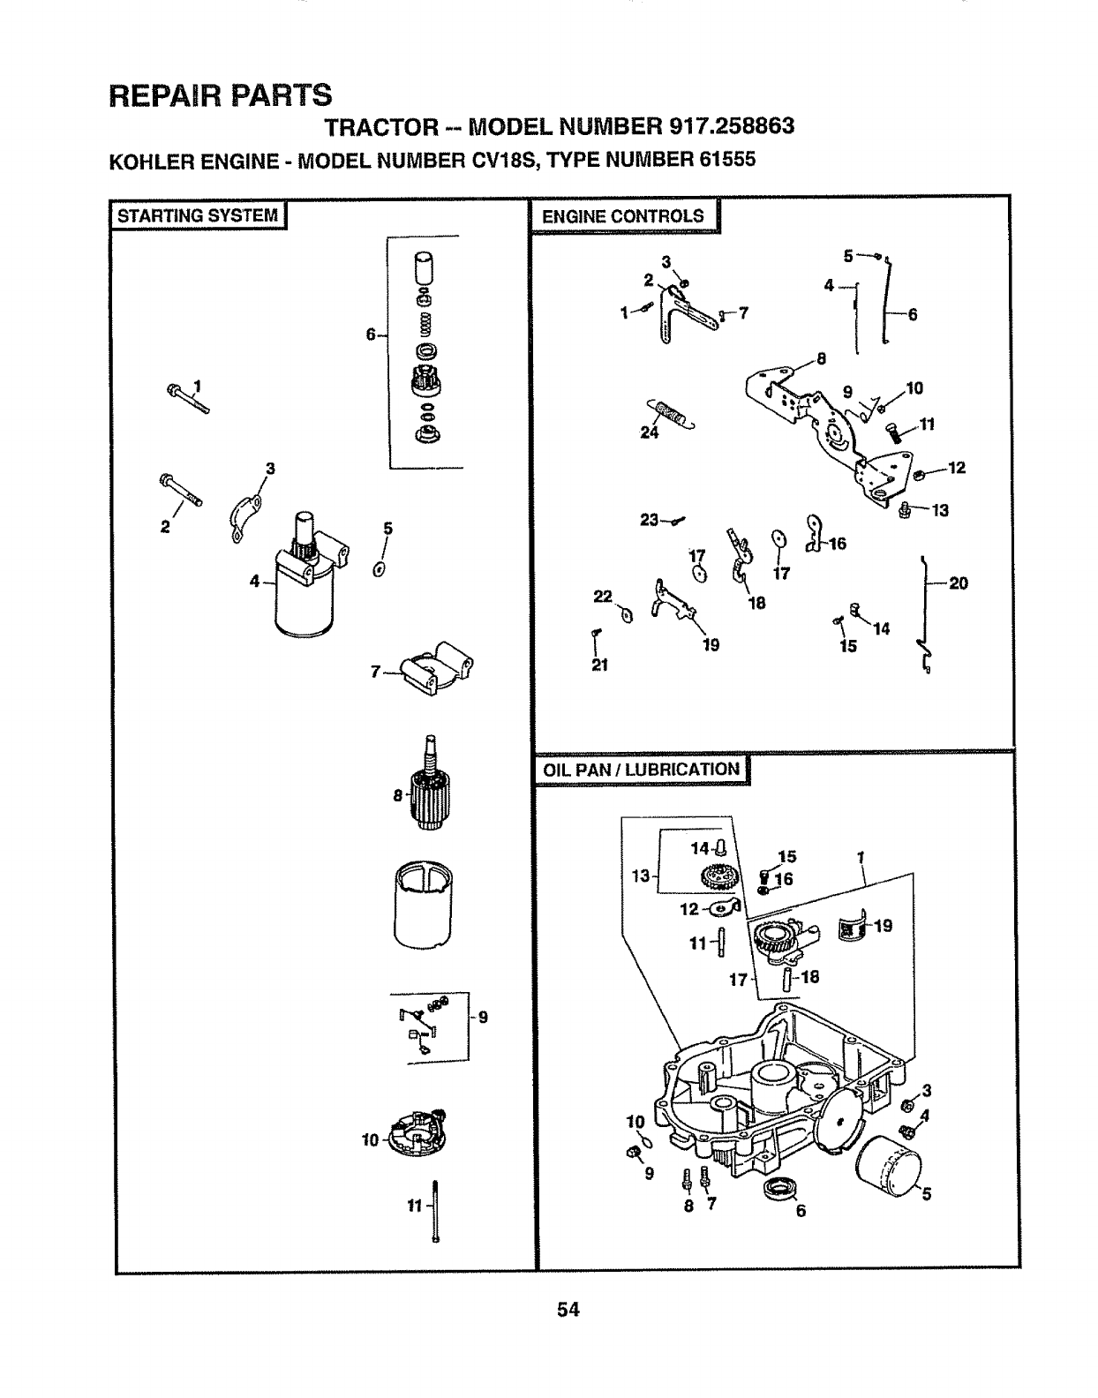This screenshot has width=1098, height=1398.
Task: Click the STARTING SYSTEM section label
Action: tap(197, 215)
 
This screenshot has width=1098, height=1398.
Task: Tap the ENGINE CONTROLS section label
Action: tap(623, 216)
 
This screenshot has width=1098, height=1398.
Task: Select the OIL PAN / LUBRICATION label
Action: tap(641, 770)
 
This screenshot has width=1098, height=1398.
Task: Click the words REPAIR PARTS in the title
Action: tap(220, 94)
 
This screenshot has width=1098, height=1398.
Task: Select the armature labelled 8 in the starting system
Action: tap(431, 788)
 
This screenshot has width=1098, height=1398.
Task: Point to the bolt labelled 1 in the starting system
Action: tap(187, 398)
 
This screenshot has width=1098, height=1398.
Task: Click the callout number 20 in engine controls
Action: tap(959, 583)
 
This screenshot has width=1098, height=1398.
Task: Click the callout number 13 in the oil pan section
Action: tap(640, 876)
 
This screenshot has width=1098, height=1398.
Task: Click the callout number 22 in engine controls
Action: tap(603, 598)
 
